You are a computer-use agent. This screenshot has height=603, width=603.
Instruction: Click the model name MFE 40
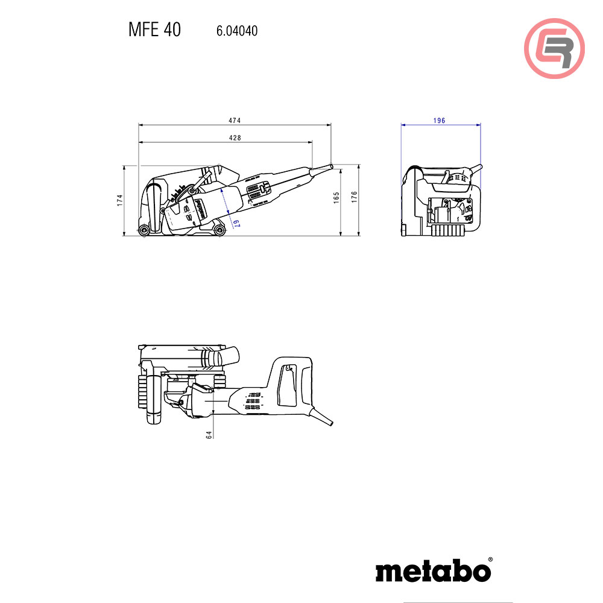(x=154, y=30)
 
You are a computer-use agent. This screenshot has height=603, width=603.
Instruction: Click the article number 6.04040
(x=236, y=31)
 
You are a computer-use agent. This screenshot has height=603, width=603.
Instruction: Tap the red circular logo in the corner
(x=554, y=49)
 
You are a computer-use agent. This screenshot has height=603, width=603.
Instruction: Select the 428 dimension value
(x=235, y=138)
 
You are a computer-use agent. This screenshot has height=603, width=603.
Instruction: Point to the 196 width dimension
(x=439, y=121)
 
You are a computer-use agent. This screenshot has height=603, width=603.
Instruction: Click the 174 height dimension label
(x=119, y=200)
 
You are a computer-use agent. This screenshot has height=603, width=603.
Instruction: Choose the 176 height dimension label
(x=355, y=196)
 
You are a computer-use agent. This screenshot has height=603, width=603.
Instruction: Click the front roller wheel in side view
(x=144, y=230)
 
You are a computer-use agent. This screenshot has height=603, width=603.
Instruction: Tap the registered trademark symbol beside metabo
(x=490, y=560)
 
